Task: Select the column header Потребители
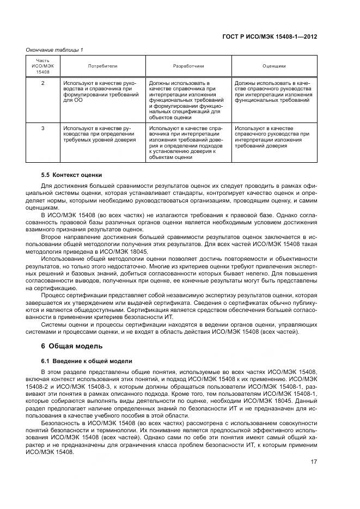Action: point(102,66)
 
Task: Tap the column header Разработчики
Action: point(188,66)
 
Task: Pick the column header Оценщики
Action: point(274,66)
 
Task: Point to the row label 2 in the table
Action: point(42,83)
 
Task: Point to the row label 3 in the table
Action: point(42,128)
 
